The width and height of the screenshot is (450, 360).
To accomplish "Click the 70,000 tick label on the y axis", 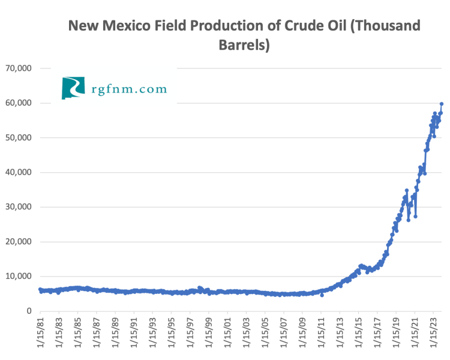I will pos(19,68).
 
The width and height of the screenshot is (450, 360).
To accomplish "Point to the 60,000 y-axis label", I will pos(19,103).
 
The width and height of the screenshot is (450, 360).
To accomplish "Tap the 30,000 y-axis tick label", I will pos(19,207).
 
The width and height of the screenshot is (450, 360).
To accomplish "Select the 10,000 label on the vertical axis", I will pos(19,277).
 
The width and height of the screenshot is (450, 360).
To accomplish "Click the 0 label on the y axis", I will pos(28,311).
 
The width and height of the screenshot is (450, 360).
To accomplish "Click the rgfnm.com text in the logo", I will pos(129,89).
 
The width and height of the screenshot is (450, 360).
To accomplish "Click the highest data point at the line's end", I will pos(442,104).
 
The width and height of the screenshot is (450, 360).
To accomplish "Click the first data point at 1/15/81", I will pos(40,289).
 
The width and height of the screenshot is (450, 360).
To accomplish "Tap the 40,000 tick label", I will pos(19,173).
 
